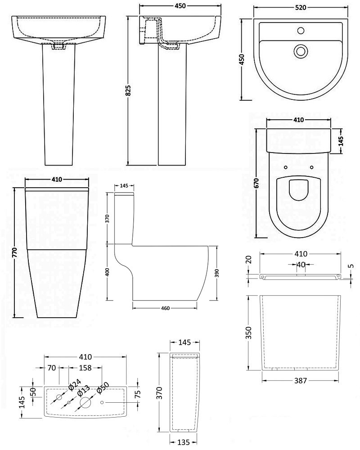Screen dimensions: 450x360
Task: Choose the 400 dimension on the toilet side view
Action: pyautogui.click(x=107, y=272)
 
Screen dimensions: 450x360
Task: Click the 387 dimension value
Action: pyautogui.click(x=301, y=380)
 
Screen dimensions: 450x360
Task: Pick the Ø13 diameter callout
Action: pyautogui.click(x=84, y=389)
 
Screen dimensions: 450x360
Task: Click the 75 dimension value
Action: pyautogui.click(x=138, y=394)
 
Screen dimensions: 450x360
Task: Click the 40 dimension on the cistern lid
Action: pyautogui.click(x=301, y=265)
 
